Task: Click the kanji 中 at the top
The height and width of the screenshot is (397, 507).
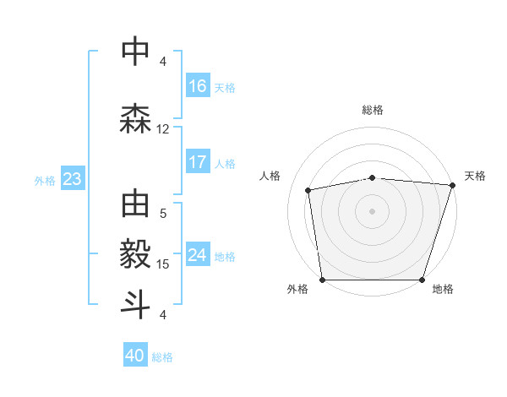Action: [136, 52]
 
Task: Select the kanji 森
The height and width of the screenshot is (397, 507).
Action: [136, 119]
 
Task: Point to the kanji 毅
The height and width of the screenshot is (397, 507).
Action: [136, 254]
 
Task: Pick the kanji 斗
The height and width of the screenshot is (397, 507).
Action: [136, 305]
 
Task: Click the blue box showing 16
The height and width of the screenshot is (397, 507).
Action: [198, 86]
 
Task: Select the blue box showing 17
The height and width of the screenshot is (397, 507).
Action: [198, 162]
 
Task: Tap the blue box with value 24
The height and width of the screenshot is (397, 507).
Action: [198, 255]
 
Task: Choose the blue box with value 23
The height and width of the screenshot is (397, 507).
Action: [71, 179]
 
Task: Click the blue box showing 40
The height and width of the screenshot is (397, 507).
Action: [135, 356]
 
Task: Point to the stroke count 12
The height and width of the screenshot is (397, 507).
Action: [163, 129]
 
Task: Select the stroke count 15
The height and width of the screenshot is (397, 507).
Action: [163, 264]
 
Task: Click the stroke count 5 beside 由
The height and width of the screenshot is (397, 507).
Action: [163, 214]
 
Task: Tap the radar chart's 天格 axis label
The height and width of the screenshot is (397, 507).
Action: [476, 176]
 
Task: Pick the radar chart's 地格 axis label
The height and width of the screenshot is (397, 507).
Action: [443, 289]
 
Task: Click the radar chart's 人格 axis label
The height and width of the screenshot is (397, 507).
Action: [270, 176]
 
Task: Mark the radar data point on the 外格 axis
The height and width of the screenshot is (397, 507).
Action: [322, 280]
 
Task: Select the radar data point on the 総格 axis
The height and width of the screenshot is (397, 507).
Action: [373, 177]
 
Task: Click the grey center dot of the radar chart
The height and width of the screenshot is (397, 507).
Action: [373, 210]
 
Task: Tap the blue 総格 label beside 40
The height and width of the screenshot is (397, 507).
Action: [162, 357]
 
